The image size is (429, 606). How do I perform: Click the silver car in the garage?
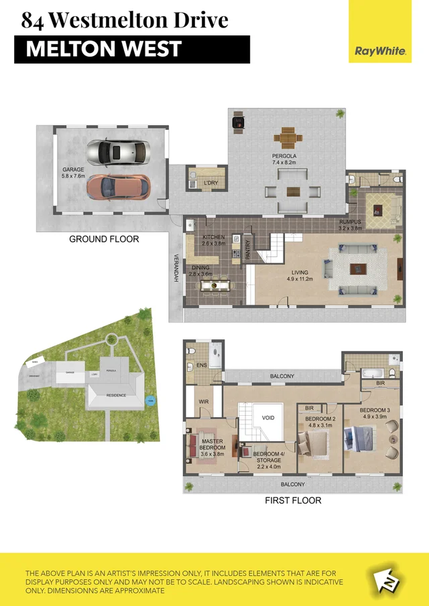119,151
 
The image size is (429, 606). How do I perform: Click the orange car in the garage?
118,187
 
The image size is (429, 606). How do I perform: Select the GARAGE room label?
73,170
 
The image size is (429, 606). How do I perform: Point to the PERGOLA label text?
284,156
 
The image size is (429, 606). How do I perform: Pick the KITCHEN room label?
214,237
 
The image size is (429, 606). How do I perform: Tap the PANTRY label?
247,250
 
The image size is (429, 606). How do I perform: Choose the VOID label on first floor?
268,417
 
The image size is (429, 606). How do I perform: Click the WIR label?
203,402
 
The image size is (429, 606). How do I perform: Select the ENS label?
202,366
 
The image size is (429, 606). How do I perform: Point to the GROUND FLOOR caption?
104,239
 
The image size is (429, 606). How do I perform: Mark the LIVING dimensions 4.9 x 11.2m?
300,280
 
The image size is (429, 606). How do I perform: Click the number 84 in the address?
33,20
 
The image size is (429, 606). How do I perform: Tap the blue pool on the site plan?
150,401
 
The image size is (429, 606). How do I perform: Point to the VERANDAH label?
177,268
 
